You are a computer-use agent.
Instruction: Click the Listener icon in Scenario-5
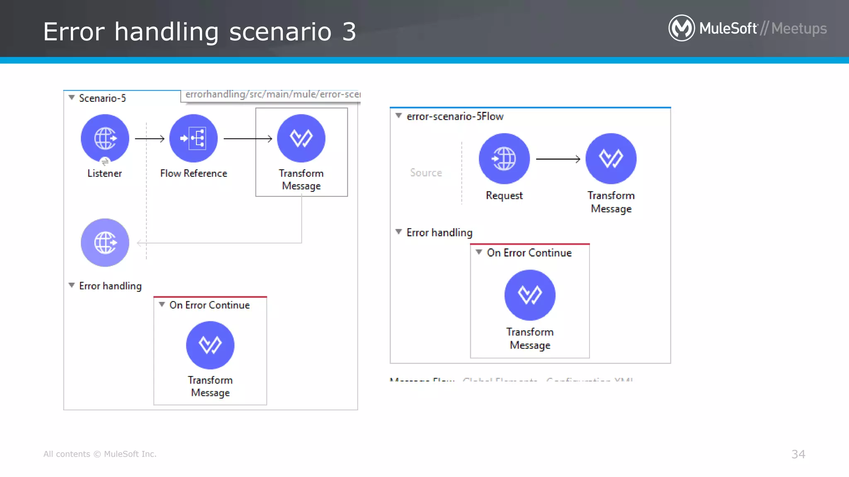click(105, 138)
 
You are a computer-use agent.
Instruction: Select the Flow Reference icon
click(194, 138)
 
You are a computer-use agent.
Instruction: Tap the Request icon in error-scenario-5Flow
click(504, 159)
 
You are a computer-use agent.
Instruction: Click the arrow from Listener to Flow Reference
click(150, 139)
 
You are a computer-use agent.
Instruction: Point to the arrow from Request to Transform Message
click(558, 159)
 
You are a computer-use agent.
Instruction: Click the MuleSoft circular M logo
click(682, 28)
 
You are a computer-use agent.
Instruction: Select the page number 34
click(798, 454)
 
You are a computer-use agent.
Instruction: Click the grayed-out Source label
click(426, 173)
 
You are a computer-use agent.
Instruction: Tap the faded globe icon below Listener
click(105, 243)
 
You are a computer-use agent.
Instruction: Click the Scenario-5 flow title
click(102, 98)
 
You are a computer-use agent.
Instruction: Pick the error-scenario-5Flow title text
click(455, 116)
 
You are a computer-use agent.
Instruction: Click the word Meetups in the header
click(799, 29)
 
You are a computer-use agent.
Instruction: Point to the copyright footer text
click(100, 454)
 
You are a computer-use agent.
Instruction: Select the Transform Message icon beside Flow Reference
click(301, 138)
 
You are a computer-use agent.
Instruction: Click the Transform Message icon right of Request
click(611, 159)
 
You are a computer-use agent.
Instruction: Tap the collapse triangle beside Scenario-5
click(72, 98)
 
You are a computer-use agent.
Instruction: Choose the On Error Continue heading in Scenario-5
click(209, 305)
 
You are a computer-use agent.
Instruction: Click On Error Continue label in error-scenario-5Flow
click(529, 253)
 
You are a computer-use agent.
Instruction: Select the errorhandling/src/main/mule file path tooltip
click(272, 95)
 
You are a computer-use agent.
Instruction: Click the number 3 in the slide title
click(349, 32)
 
